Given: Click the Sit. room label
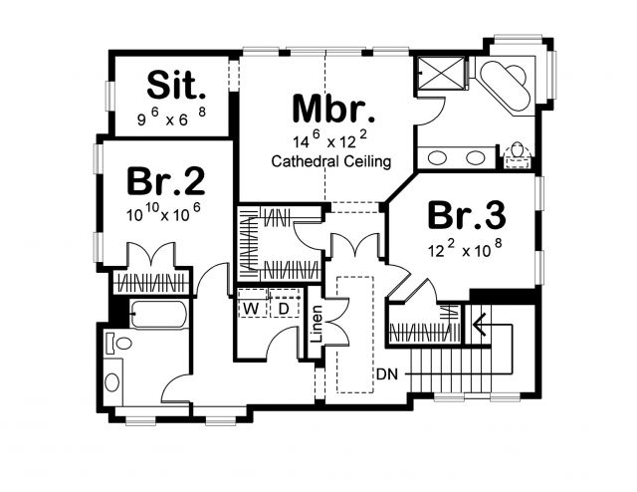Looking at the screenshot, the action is pos(176,85).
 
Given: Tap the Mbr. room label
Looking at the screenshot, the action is pos(333,109).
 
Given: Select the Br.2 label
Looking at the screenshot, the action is pos(166,181).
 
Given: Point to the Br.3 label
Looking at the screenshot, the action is pos(467,215).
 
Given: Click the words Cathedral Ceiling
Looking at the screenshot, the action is pos(331,161).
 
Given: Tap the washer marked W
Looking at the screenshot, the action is pos(252,309).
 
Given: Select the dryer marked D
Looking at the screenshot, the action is pos(285,309).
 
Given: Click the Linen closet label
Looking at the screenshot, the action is pos(316,324).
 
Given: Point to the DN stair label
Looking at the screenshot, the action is pos(387,374).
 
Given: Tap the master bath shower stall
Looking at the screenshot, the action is pos(441,72).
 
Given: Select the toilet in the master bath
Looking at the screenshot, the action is pos(518,155).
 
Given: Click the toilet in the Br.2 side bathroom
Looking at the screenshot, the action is pos(119,344).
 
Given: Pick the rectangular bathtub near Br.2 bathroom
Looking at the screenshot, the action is pos(159,314).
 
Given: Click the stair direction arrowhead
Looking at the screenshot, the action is pos(480,325).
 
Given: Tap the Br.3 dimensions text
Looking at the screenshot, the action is pos(465,249).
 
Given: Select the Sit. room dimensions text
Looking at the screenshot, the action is pos(172,118).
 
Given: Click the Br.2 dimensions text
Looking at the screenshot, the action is pos(163,213).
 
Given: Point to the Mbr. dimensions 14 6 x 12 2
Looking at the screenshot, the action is pos(330,139).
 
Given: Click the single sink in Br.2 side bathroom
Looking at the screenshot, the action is pos(112,382).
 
